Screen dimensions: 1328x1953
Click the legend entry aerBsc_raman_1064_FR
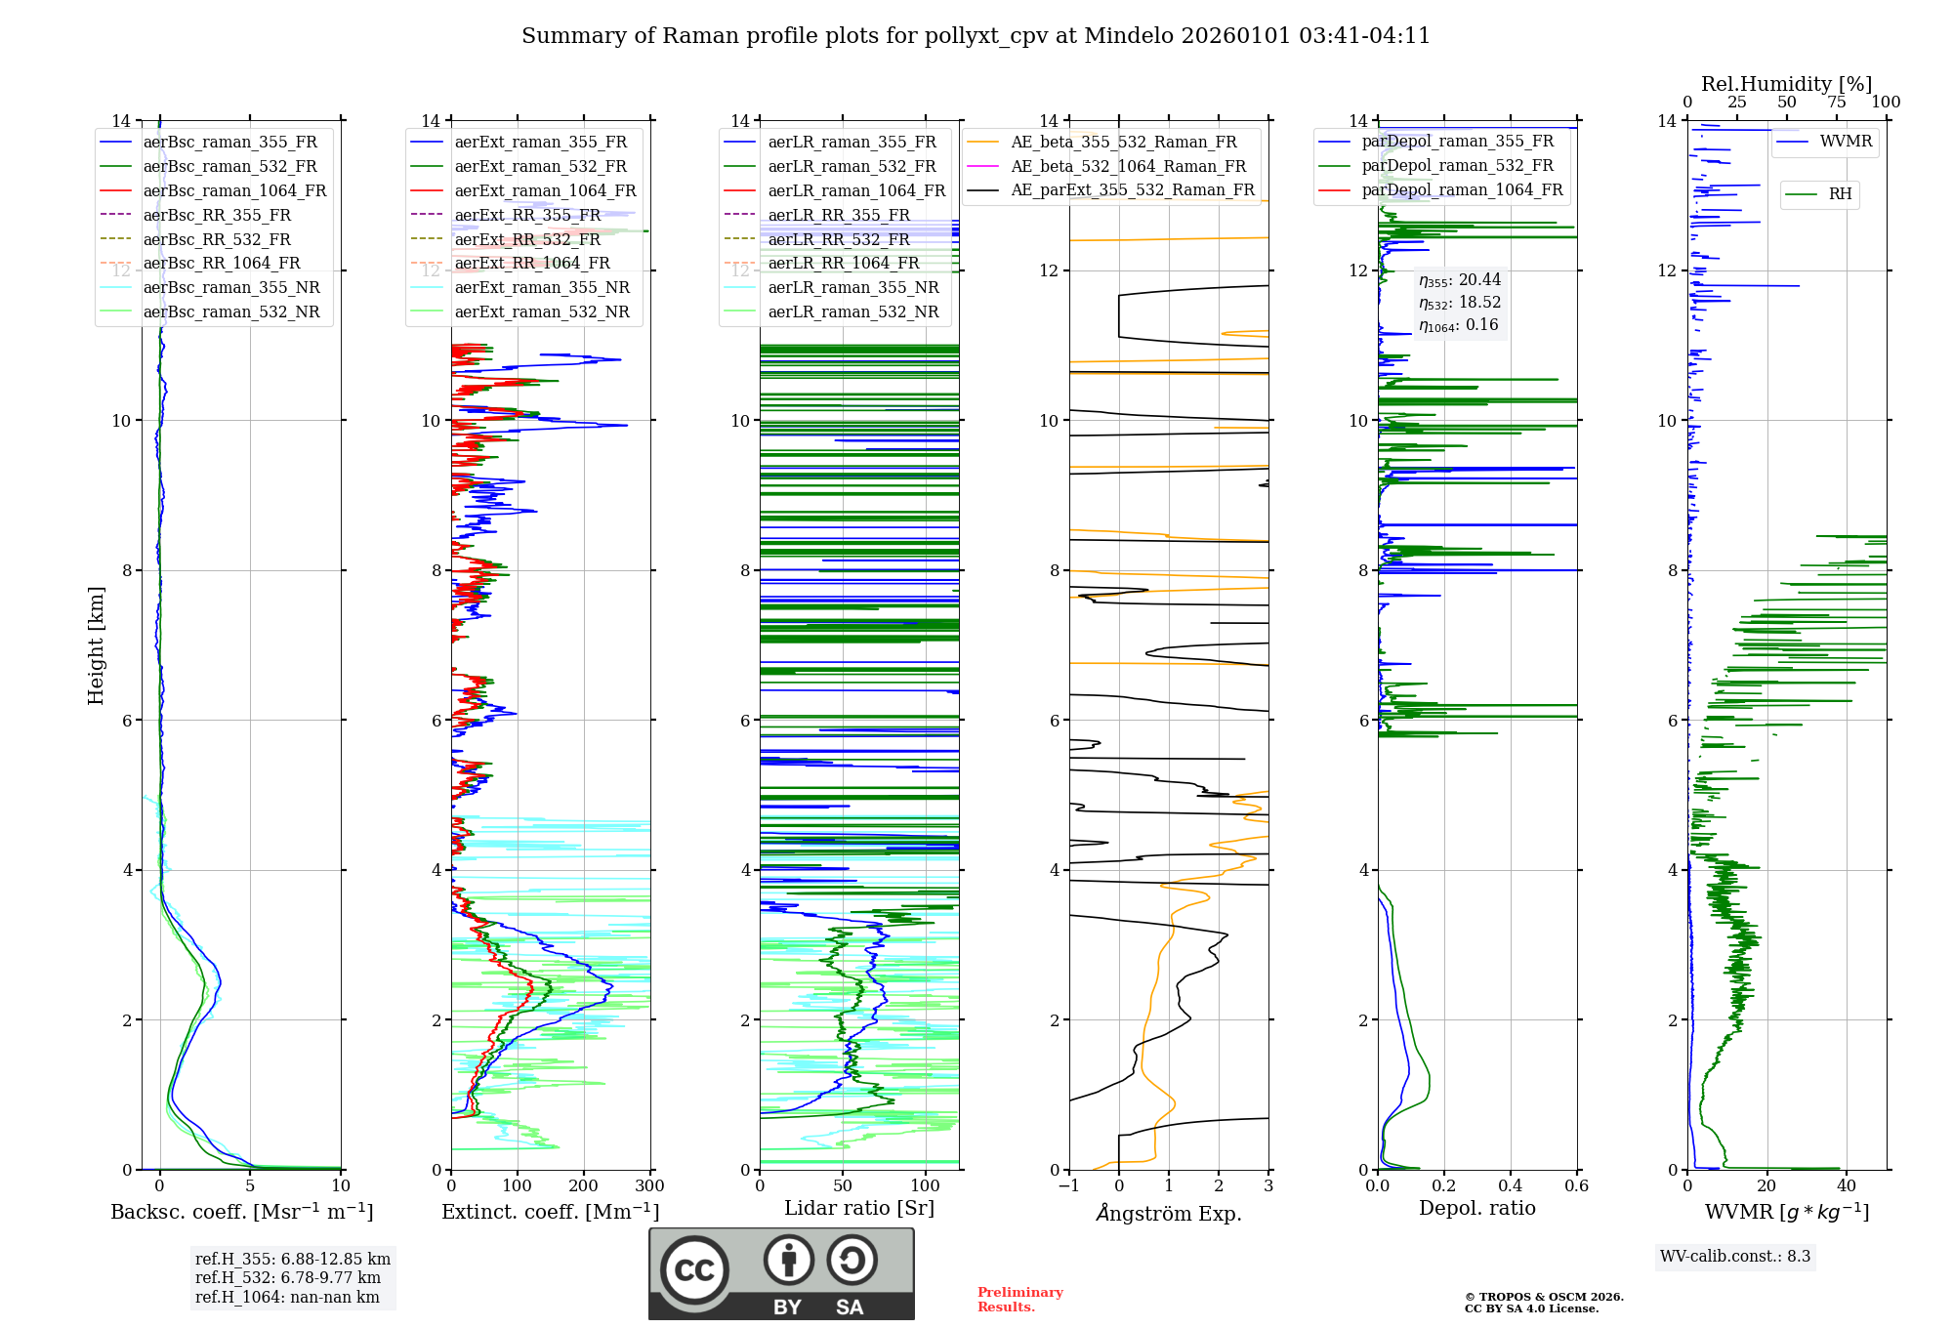234,190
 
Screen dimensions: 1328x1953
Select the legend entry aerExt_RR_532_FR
527,239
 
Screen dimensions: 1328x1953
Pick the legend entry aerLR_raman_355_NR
852,287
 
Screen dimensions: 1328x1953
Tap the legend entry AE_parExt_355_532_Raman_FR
1132,189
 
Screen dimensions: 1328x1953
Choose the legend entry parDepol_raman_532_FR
1457,166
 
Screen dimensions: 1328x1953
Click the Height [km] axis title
96,644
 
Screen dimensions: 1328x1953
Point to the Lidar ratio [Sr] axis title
858,1208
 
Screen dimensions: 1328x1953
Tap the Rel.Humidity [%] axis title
1786,84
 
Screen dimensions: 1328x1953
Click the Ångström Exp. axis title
1168,1214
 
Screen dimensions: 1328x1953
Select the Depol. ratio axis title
1476,1208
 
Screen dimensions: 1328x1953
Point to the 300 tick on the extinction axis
649,1185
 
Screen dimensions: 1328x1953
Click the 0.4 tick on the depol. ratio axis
1510,1185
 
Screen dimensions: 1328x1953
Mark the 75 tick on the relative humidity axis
1836,103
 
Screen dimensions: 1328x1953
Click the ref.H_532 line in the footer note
287,1277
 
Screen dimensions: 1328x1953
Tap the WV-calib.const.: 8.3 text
1734,1256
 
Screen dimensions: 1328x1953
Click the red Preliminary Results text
1019,1299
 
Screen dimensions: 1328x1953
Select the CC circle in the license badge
694,1270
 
